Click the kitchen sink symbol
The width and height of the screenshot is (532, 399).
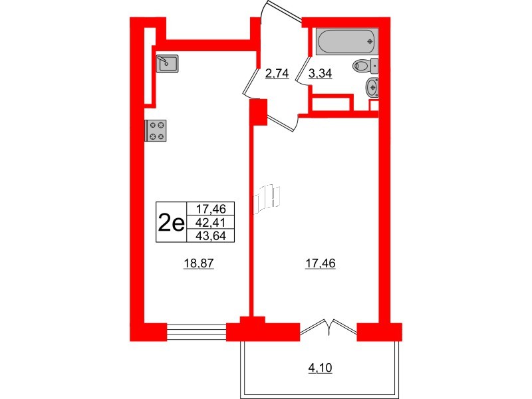(x=168, y=63)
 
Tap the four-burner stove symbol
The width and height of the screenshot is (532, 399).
(x=157, y=130)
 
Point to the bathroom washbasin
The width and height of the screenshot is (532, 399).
(x=373, y=86)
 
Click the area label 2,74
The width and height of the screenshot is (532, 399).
(x=277, y=74)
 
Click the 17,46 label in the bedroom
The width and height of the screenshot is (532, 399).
(x=321, y=263)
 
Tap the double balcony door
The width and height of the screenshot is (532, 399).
(x=330, y=327)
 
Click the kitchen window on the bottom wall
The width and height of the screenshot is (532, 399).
(x=196, y=331)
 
